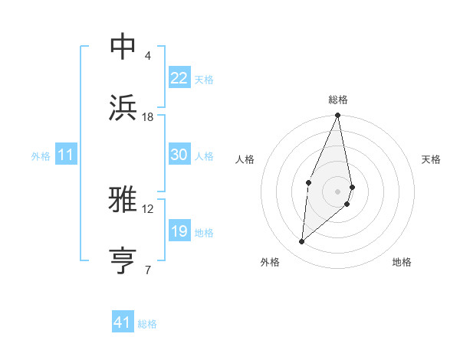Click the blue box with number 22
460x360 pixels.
(179, 78)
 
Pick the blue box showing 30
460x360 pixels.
(179, 155)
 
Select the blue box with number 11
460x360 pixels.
(66, 155)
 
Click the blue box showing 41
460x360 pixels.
(123, 322)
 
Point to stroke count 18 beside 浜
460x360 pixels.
(148, 117)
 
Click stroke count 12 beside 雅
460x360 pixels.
(148, 208)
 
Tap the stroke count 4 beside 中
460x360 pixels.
(148, 55)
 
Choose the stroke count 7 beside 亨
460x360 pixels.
(148, 270)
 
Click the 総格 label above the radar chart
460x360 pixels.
(338, 100)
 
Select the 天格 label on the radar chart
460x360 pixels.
(432, 159)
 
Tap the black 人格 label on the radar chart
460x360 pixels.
(245, 159)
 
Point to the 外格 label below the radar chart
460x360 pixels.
(270, 262)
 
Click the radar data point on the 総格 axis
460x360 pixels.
(338, 116)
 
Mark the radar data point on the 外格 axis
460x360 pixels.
(302, 242)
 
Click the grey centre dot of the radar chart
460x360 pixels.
(338, 190)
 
